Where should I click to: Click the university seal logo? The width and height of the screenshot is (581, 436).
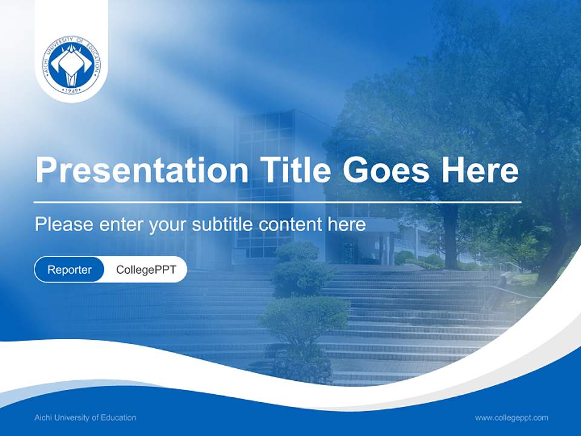[71, 64]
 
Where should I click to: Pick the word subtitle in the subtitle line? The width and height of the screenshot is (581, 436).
[223, 225]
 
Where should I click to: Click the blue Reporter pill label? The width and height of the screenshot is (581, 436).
[69, 269]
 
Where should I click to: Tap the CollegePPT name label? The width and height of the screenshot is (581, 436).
[146, 269]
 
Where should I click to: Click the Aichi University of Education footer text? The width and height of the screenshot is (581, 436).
[85, 418]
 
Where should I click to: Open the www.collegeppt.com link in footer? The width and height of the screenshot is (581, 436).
[511, 418]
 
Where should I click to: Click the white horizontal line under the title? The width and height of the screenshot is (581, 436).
[277, 202]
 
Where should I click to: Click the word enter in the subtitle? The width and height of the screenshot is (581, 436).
[122, 225]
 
